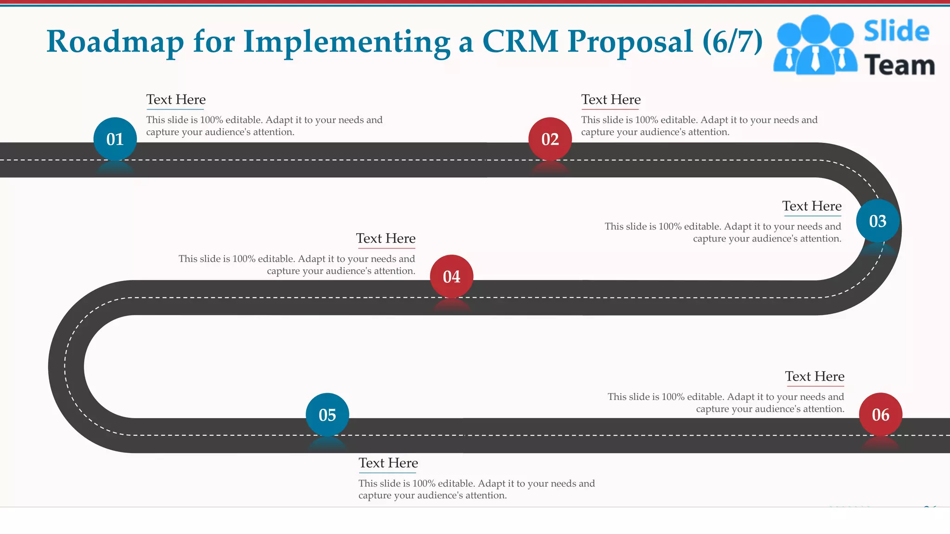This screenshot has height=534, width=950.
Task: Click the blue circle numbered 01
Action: pos(115,139)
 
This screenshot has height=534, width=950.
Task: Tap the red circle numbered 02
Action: pos(550,139)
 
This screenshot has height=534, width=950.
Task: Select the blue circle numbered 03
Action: pos(878,221)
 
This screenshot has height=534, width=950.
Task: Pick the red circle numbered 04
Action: pos(452,277)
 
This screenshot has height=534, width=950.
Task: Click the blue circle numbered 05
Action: pos(327,415)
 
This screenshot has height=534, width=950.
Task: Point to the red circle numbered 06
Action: pos(880,415)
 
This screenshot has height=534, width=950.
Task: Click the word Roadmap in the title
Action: pos(115,42)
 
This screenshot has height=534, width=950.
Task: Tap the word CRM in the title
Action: pos(520,42)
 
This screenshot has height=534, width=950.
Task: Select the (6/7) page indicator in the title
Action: pos(732,42)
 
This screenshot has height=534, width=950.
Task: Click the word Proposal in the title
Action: pos(630,42)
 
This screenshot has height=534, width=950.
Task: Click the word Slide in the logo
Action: pos(896,31)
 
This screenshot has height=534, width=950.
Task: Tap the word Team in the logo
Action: pos(899,65)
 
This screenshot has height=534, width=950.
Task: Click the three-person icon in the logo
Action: pos(815,45)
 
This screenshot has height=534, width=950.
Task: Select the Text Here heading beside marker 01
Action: pos(176,100)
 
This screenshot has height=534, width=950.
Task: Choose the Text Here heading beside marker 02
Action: pos(611,100)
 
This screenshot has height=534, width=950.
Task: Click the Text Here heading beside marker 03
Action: pos(812,206)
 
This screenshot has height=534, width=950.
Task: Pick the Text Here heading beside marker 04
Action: pos(385,239)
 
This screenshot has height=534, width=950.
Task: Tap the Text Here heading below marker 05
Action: pos(388,463)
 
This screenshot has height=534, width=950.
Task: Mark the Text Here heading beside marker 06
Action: pos(815,376)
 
